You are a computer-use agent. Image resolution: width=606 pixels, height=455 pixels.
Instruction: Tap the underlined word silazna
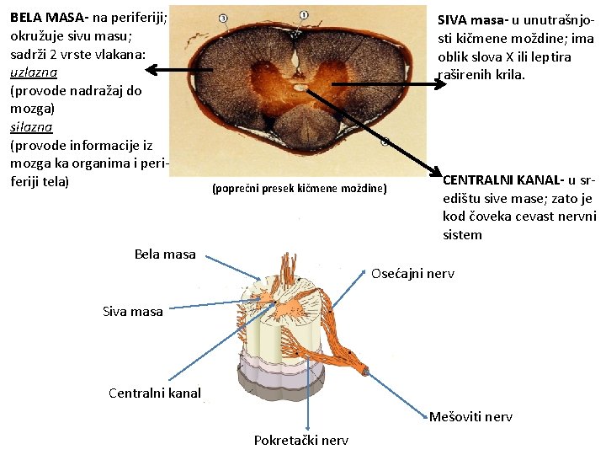(x=31, y=126)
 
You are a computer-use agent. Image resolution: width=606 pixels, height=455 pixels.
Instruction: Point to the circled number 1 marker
(x=303, y=14)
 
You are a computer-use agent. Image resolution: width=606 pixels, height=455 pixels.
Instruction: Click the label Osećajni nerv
(x=412, y=274)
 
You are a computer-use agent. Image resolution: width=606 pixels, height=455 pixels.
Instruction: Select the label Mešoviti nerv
(x=470, y=416)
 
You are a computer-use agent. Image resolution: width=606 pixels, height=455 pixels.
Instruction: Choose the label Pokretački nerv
(x=300, y=440)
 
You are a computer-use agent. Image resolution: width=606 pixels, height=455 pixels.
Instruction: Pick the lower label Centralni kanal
(x=155, y=393)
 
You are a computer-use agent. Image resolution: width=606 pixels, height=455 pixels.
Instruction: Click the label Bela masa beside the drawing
(x=165, y=254)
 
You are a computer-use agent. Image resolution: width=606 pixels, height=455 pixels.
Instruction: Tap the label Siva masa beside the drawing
(x=133, y=312)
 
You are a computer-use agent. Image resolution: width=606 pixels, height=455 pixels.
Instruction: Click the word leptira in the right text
(x=550, y=56)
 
